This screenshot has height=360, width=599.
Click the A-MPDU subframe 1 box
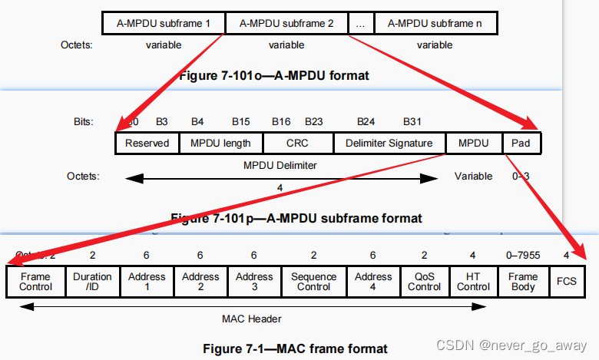[164, 24]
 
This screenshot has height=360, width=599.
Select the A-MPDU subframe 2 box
[286, 24]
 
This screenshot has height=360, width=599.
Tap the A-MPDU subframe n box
[435, 24]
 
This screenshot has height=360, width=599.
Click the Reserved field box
[147, 143]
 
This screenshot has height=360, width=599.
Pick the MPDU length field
[221, 143]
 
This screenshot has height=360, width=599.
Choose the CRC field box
[298, 143]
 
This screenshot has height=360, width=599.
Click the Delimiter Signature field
[389, 143]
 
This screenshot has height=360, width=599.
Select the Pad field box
[521, 143]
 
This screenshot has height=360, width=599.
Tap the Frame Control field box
[35, 282]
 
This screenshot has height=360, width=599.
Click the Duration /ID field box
[92, 282]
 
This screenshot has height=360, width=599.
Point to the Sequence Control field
[314, 282]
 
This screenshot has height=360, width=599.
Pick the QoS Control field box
[424, 282]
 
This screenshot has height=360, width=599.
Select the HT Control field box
[473, 282]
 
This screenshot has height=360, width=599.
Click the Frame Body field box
[523, 282]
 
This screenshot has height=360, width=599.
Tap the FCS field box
[567, 282]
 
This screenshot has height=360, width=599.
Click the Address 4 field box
[373, 282]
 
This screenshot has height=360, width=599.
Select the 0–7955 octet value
[522, 255]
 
